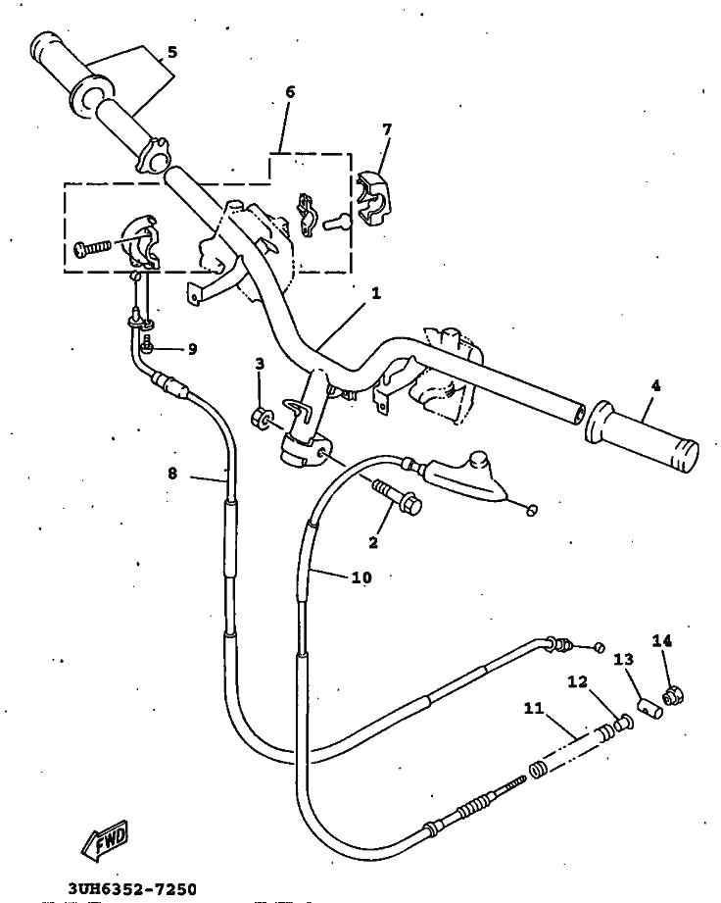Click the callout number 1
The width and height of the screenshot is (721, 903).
point(376,293)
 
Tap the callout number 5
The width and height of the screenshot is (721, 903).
point(172,52)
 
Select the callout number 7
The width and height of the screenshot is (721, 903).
point(387,129)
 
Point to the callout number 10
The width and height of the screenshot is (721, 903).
point(360,577)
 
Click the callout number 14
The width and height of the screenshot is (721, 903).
point(661,640)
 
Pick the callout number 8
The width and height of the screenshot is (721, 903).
point(172,474)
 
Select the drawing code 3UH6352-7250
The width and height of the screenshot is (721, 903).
point(132,889)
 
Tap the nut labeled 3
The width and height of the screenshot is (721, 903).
point(263,417)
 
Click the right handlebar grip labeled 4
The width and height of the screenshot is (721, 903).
point(642,434)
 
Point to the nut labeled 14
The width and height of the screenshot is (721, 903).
point(673,696)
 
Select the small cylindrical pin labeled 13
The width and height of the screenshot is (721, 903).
point(650,708)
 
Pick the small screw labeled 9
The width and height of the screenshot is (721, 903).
point(147,343)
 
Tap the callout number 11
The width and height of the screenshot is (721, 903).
point(534,708)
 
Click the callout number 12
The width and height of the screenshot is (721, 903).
point(578,681)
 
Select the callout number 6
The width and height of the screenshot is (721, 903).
point(290,91)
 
